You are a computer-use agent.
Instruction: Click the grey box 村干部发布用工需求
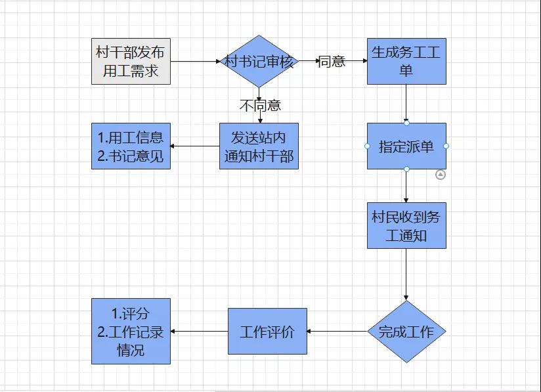tap(131, 61)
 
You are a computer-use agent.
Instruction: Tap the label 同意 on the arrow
tap(332, 62)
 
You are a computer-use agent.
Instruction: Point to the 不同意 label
tap(260, 105)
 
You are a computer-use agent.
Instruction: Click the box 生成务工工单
tap(406, 61)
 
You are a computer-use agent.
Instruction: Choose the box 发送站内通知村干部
tap(259, 146)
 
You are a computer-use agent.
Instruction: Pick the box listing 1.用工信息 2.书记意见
tap(131, 146)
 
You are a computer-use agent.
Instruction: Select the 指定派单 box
tap(406, 146)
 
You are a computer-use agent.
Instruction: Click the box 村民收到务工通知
tap(406, 225)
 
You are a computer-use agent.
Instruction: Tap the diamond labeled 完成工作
tap(406, 332)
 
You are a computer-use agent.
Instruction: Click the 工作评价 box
tap(267, 331)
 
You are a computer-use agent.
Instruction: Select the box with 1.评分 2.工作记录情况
tap(131, 331)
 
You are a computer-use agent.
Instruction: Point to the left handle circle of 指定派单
tap(367, 146)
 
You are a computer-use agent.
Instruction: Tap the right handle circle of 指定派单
tap(446, 146)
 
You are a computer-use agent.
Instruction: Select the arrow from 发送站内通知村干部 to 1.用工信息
tap(195, 146)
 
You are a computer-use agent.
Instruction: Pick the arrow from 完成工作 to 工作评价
tap(337, 331)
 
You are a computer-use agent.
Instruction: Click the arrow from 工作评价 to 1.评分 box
tap(199, 331)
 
